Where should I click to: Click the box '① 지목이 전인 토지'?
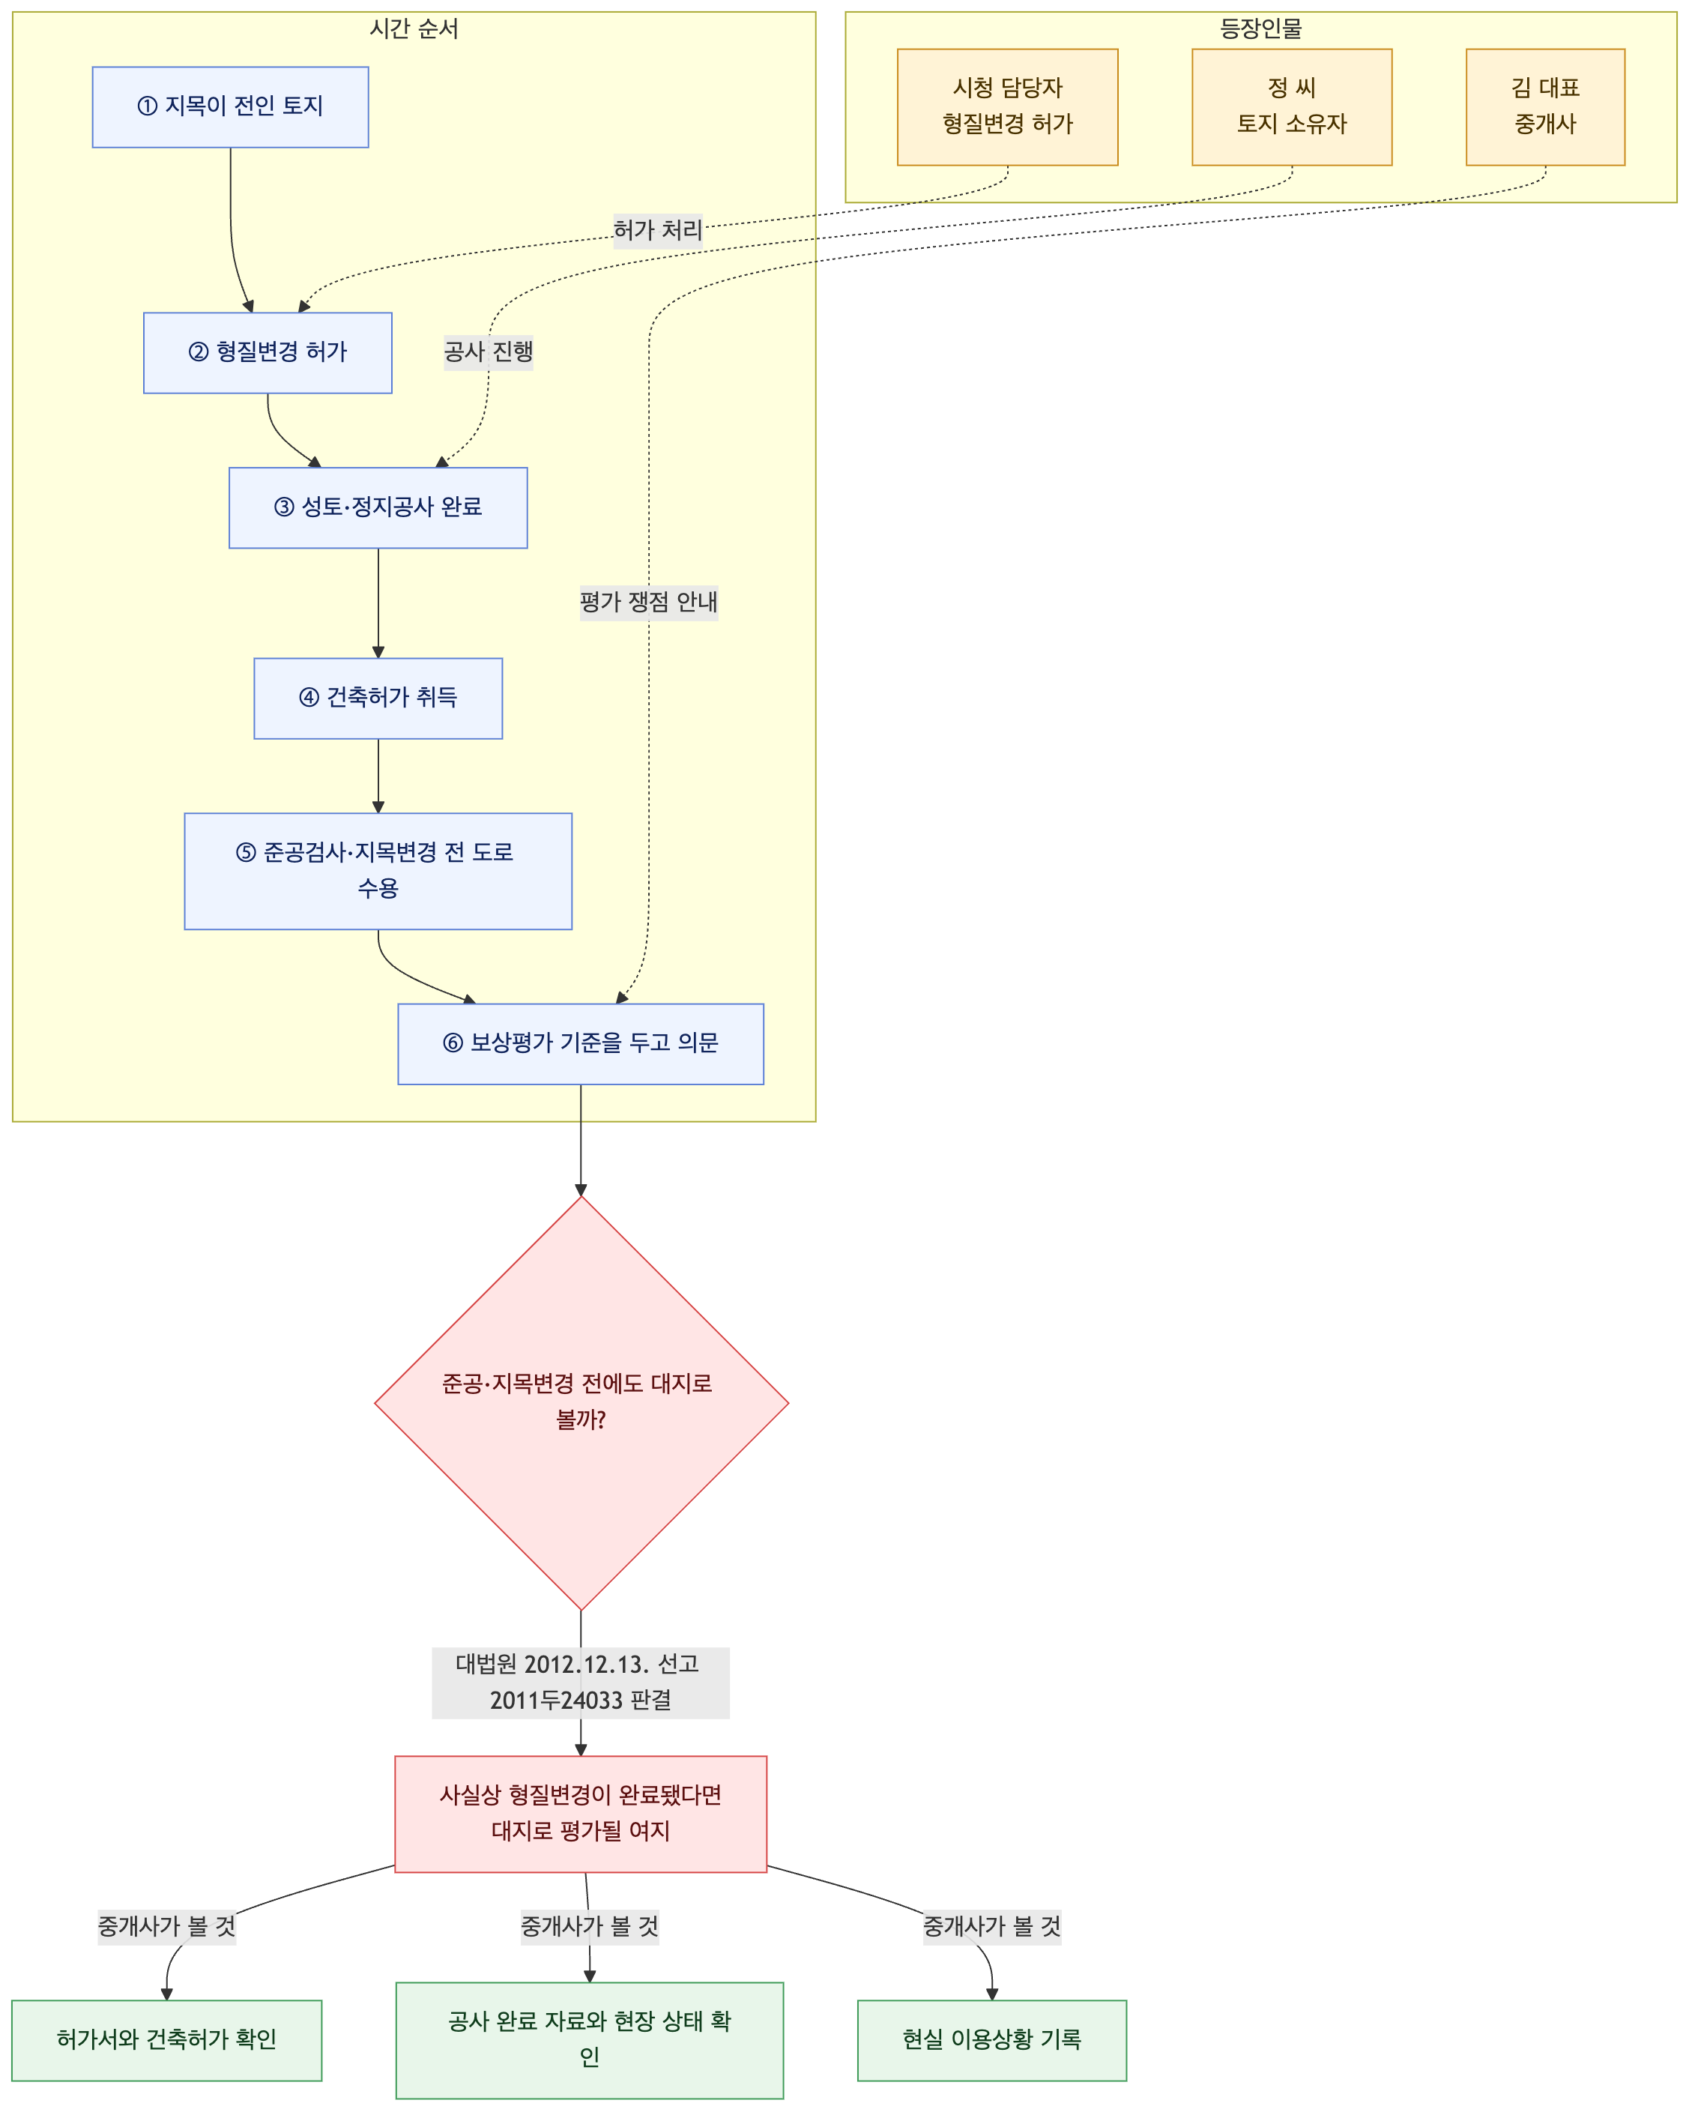click(x=231, y=107)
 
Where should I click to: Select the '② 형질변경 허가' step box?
click(x=268, y=353)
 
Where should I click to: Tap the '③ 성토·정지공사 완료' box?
click(x=378, y=507)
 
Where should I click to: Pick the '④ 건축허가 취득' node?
click(x=378, y=699)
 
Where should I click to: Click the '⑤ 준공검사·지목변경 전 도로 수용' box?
click(x=378, y=871)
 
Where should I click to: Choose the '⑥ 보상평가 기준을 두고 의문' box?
click(x=581, y=1044)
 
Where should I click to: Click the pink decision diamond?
click(x=581, y=1403)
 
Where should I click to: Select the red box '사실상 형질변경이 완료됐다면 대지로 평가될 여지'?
click(x=581, y=1814)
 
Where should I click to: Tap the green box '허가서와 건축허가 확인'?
click(x=166, y=2040)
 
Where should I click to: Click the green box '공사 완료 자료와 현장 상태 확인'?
click(x=590, y=2040)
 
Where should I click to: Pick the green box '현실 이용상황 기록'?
click(x=992, y=2040)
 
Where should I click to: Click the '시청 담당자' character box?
click(x=1008, y=107)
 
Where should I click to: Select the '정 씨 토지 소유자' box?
click(x=1293, y=107)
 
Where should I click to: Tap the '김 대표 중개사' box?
click(x=1545, y=107)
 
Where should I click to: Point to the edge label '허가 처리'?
click(x=658, y=231)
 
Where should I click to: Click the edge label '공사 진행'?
click(x=489, y=352)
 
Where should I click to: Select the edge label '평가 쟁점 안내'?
click(x=649, y=602)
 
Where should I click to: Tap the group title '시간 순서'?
click(x=414, y=28)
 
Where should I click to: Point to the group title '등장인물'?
click(x=1260, y=28)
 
